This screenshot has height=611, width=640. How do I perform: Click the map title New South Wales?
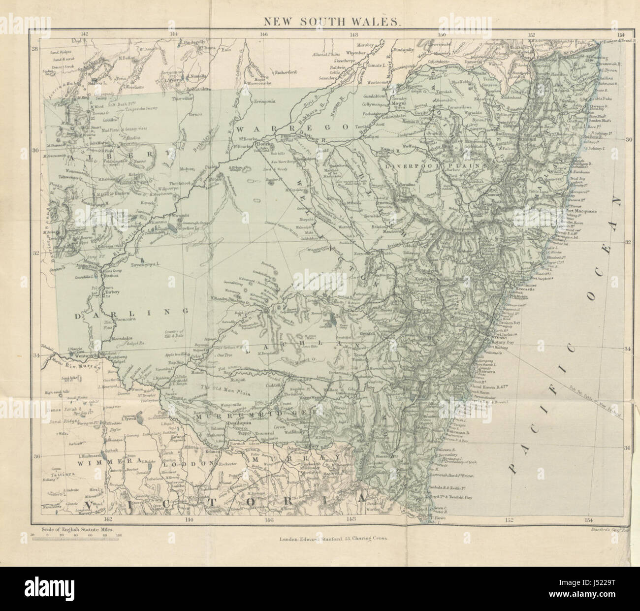(326, 22)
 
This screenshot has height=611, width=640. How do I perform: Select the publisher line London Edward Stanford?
(333, 539)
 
